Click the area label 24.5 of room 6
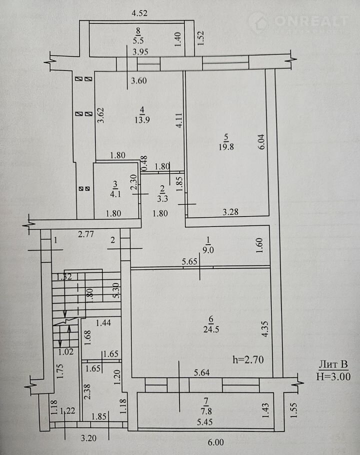(x=211, y=329)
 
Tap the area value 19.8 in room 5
(x=226, y=146)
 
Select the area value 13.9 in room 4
(x=142, y=119)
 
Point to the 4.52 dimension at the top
(x=139, y=13)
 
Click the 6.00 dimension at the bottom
(x=216, y=442)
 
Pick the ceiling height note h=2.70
(x=248, y=360)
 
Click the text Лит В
(x=333, y=364)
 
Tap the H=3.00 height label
(x=333, y=376)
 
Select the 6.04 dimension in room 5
(x=261, y=141)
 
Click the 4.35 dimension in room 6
(x=264, y=329)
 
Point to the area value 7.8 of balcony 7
(x=206, y=411)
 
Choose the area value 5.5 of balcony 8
(x=138, y=40)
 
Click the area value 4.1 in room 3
(x=115, y=194)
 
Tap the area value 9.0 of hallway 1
(x=208, y=249)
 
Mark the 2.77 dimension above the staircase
(x=86, y=234)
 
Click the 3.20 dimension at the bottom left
(x=88, y=438)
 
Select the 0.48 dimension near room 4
(x=144, y=163)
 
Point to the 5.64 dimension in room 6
(x=201, y=372)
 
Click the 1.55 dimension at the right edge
(x=293, y=409)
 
